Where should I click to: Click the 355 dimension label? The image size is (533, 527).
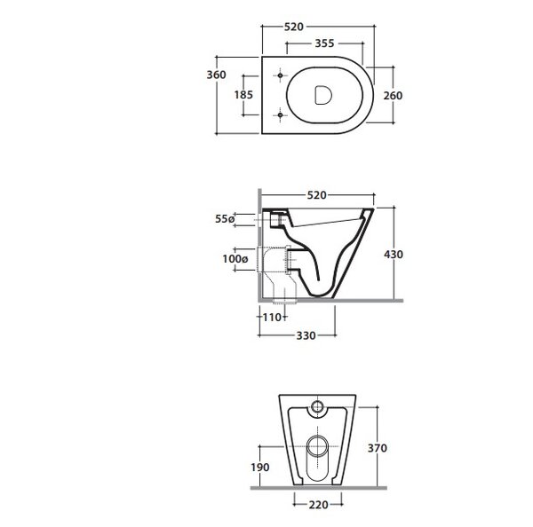(x=324, y=43)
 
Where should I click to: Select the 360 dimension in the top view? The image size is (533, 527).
(x=216, y=75)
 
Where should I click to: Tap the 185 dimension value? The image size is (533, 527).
(x=243, y=95)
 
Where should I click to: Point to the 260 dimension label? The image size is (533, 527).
(x=393, y=96)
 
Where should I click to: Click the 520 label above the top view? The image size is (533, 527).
(x=294, y=27)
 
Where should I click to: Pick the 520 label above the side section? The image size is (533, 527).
(x=317, y=195)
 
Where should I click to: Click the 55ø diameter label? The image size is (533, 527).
(x=225, y=219)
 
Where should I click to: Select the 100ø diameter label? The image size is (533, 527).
(x=235, y=259)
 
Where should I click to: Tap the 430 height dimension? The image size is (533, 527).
(x=394, y=255)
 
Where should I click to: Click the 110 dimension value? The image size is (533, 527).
(x=273, y=318)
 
